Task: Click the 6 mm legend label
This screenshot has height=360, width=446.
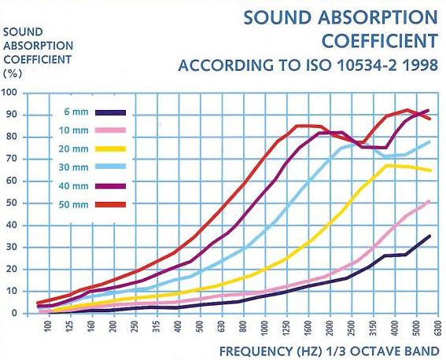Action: click(x=76, y=112)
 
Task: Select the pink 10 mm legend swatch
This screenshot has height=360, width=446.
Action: click(x=110, y=130)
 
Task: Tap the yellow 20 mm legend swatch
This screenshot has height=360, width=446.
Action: click(x=110, y=149)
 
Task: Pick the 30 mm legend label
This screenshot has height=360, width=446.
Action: click(x=73, y=167)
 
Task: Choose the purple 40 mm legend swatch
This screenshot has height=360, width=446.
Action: click(x=110, y=186)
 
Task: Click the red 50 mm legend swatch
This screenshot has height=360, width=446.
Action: click(x=110, y=204)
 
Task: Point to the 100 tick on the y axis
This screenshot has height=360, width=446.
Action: click(x=9, y=93)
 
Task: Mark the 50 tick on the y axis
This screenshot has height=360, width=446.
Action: click(x=12, y=203)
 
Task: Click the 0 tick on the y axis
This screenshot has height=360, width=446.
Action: click(x=14, y=314)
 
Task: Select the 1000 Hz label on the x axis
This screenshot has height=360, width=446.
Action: click(x=265, y=327)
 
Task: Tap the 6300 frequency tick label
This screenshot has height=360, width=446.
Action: click(x=438, y=327)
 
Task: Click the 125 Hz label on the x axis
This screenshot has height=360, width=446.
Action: click(x=70, y=326)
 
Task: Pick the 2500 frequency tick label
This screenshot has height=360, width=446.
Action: click(x=352, y=327)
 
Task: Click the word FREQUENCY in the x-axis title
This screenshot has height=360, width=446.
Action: click(x=256, y=351)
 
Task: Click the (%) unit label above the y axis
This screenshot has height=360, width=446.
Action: click(x=13, y=74)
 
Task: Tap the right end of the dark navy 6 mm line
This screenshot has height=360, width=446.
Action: click(x=429, y=236)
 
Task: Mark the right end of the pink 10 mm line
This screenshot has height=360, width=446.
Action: click(x=429, y=201)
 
